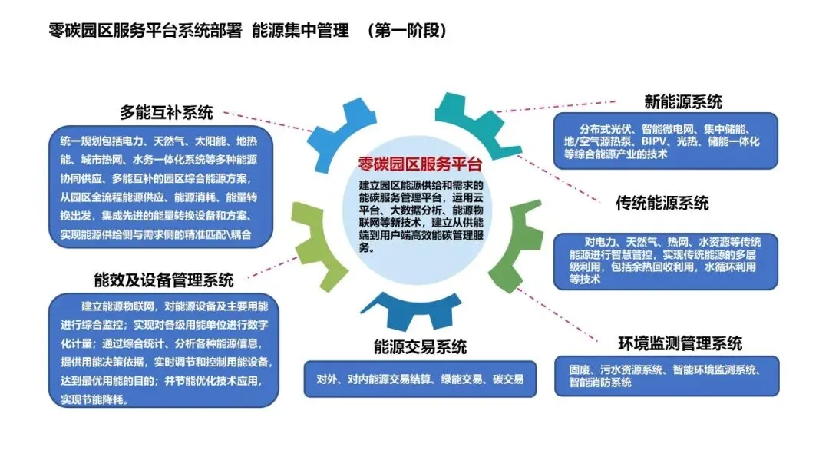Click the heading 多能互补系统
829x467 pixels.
click(x=167, y=112)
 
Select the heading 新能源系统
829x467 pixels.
click(x=682, y=101)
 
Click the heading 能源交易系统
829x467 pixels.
click(x=420, y=346)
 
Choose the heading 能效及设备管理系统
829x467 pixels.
click(x=163, y=280)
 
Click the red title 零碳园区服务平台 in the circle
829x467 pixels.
click(x=420, y=164)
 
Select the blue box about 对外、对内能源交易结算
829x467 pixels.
click(x=420, y=379)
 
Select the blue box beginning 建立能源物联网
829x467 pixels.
click(x=163, y=351)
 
